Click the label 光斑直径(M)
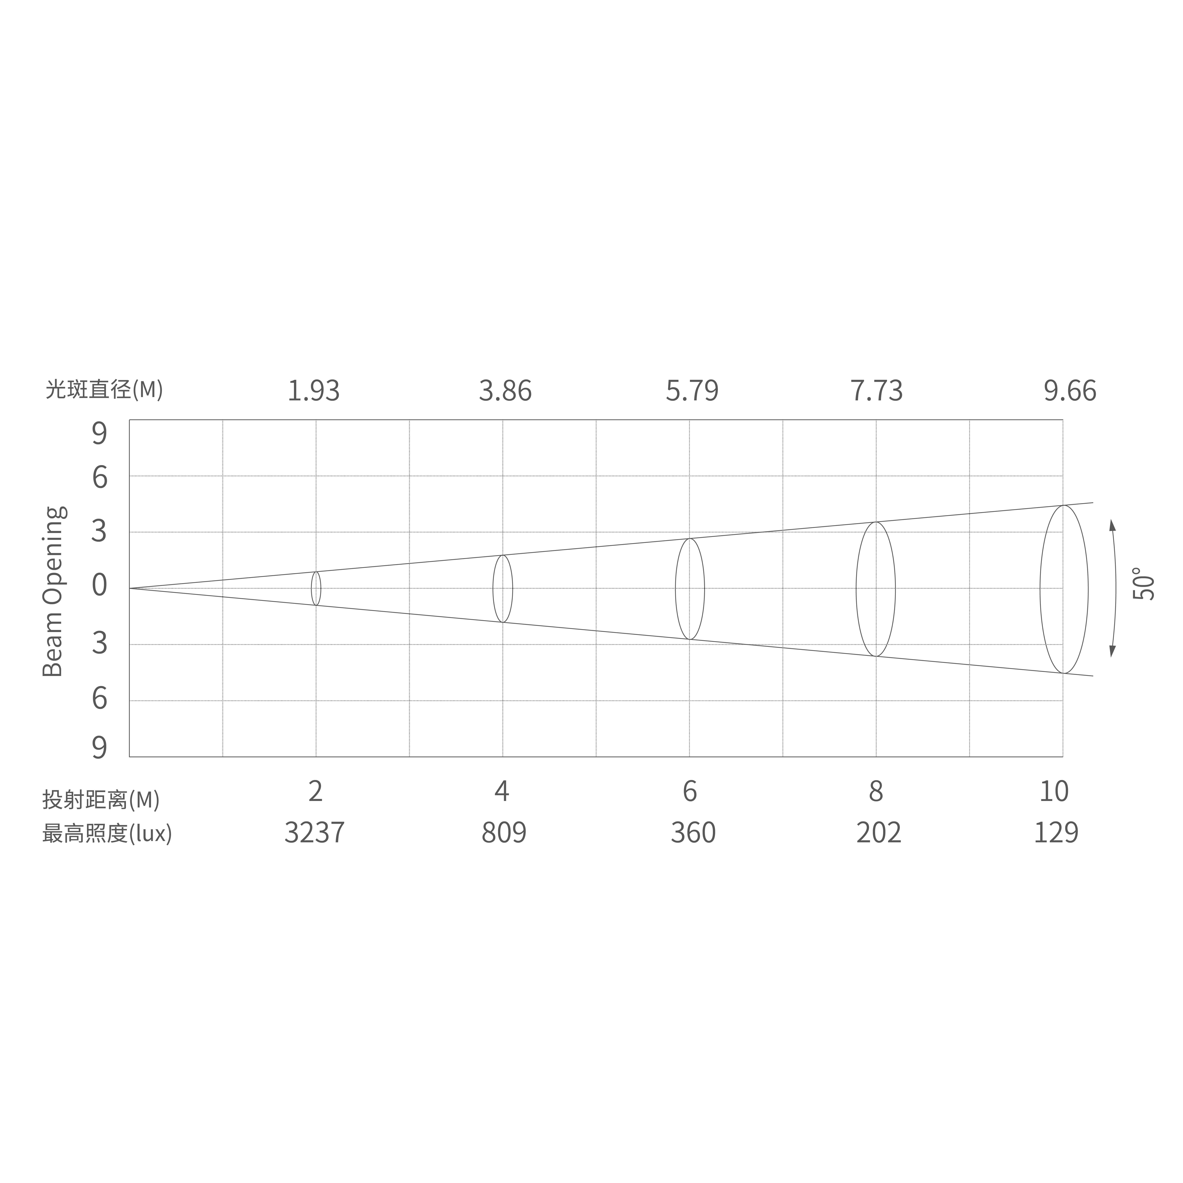(x=104, y=389)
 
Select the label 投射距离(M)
(x=101, y=799)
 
